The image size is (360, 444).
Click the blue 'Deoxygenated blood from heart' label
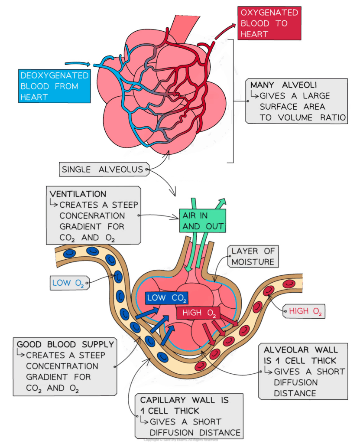(54, 86)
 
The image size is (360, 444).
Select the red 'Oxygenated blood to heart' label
(269, 23)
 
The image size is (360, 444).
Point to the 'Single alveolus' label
(102, 170)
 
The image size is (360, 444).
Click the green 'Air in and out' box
(203, 220)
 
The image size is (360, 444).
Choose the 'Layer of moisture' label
(253, 256)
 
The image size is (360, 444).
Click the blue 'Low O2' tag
(68, 283)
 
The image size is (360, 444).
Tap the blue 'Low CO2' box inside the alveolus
(167, 298)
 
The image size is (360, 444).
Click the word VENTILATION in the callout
(78, 193)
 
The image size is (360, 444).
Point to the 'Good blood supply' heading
(65, 345)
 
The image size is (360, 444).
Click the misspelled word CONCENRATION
(92, 215)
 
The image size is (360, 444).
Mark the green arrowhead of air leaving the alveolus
(222, 202)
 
